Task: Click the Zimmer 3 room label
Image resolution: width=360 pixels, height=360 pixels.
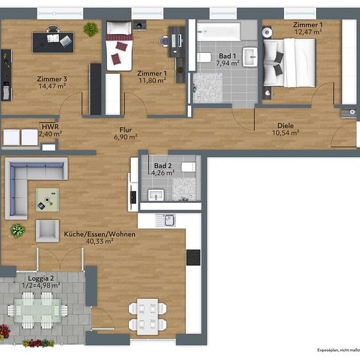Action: (x=52, y=79)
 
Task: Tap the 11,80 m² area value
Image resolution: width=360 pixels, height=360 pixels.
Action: (x=153, y=81)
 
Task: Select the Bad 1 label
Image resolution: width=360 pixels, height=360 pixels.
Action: (x=227, y=56)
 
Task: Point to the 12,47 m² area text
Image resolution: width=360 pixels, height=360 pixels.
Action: (x=308, y=32)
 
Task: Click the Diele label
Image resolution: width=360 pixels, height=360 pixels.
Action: (x=285, y=126)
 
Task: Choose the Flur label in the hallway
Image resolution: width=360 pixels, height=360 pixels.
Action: (x=126, y=130)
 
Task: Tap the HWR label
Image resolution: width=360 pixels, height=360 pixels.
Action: (x=50, y=127)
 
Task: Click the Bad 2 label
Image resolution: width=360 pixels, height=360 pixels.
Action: (x=163, y=166)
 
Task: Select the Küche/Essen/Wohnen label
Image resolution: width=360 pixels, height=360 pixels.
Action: (x=99, y=234)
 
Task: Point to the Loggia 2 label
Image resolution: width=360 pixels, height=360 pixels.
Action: (x=41, y=278)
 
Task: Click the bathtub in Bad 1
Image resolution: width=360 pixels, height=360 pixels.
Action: (x=219, y=31)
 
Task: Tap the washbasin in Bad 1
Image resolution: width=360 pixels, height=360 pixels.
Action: (x=250, y=57)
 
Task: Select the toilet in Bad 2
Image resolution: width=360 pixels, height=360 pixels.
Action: (x=189, y=167)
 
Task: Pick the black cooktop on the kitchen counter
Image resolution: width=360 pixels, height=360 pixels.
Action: (x=193, y=257)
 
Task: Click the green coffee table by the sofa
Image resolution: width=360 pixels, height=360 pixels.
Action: (x=48, y=200)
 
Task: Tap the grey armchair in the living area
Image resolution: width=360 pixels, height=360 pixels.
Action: (x=47, y=231)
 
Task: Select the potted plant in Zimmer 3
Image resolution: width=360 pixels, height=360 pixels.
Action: (x=91, y=29)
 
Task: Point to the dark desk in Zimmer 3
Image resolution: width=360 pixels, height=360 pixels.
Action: (x=53, y=43)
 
